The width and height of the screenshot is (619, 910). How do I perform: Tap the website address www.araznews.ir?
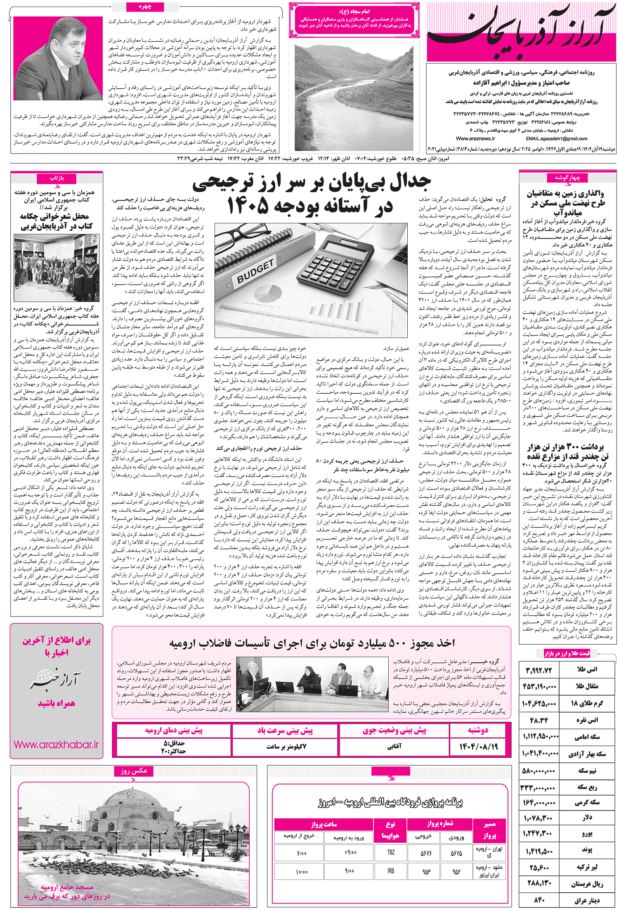point(475,139)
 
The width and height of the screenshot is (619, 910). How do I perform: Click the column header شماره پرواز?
point(440,823)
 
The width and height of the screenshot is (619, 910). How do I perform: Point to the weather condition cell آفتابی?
point(394,746)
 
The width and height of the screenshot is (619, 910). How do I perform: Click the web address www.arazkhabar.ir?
point(56,745)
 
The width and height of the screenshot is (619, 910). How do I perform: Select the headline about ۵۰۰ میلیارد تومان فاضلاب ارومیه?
point(312,643)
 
